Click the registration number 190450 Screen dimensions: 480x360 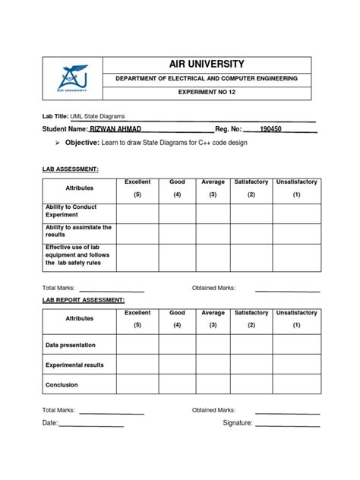coord(270,129)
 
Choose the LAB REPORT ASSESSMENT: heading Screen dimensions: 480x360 coord(84,301)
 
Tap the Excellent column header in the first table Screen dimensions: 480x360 coord(137,182)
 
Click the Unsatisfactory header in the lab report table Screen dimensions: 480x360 coord(297,313)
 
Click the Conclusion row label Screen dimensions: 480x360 coord(62,385)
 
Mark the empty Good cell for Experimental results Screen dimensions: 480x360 coord(177,365)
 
